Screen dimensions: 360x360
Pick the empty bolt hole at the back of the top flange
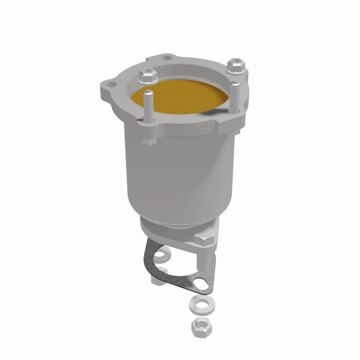point(168,58)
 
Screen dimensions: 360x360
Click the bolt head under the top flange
point(149,140)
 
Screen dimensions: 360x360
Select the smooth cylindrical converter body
point(180,180)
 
